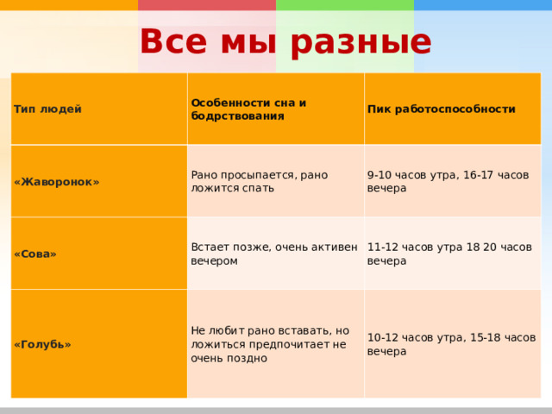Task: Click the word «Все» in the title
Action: (x=173, y=41)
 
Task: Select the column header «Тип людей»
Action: (x=47, y=110)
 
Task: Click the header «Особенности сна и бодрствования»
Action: (x=248, y=110)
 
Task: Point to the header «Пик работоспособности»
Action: (x=441, y=110)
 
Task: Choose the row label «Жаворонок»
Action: (x=57, y=182)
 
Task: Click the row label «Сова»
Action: (x=35, y=254)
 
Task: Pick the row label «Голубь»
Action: (x=42, y=344)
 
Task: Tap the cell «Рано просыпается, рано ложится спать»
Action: (x=260, y=181)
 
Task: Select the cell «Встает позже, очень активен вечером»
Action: (x=274, y=254)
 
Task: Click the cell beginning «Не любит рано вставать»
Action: (x=270, y=344)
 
